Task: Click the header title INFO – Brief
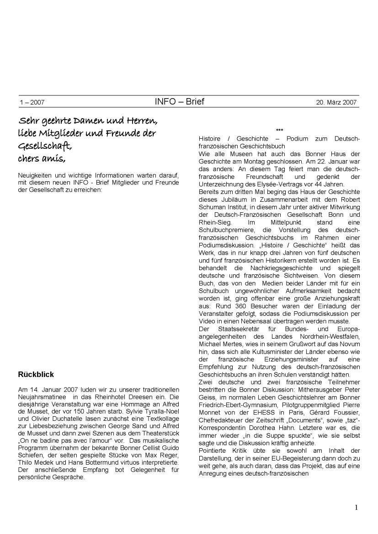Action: (x=179, y=101)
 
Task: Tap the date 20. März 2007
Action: (x=336, y=102)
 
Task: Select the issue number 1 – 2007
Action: (x=32, y=103)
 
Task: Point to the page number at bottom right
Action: (x=356, y=508)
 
